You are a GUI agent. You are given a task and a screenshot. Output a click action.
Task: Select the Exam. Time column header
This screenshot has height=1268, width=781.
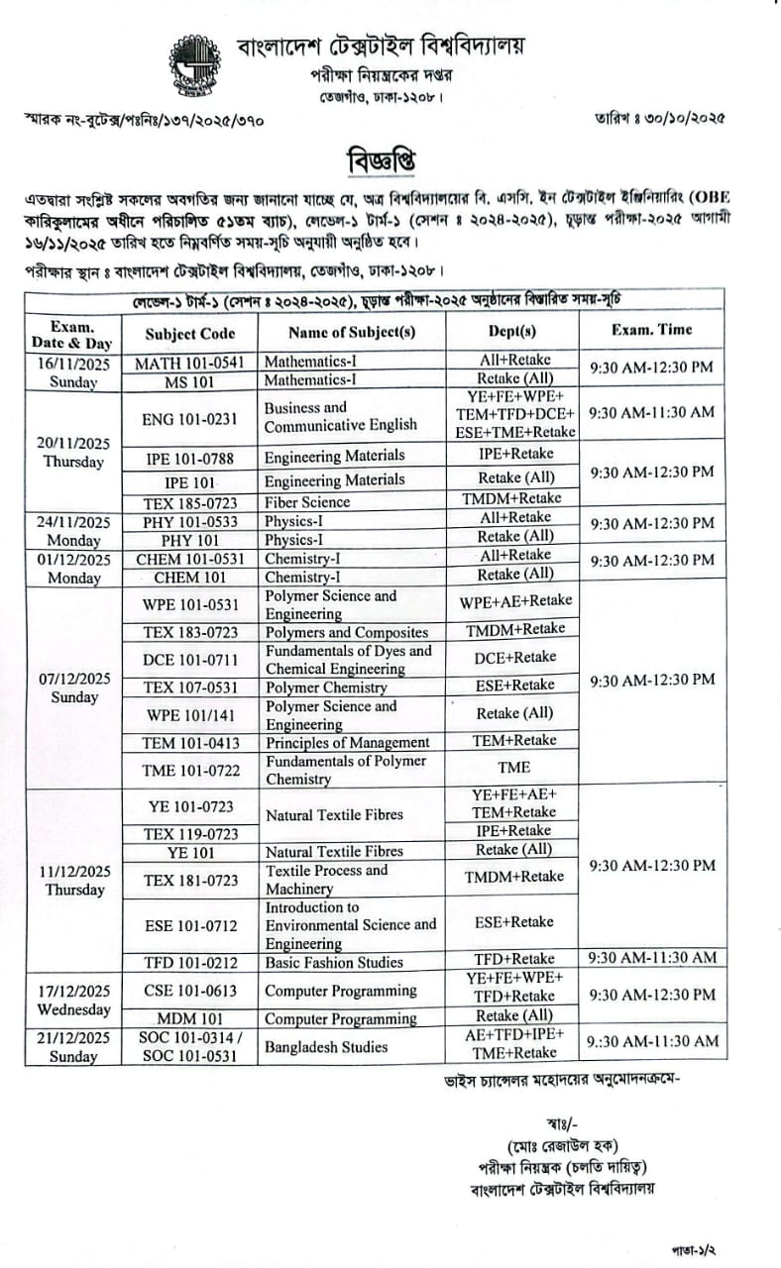coord(651,330)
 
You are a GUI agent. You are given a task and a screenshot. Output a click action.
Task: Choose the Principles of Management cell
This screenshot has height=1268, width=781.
coord(341,741)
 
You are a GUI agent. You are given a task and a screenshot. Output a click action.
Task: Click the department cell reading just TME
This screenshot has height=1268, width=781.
coord(515,767)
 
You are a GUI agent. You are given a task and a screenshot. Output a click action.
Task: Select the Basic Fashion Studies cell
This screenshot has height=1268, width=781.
coord(334,962)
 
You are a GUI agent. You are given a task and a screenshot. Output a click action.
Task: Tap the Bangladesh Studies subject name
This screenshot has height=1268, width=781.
coord(325,1046)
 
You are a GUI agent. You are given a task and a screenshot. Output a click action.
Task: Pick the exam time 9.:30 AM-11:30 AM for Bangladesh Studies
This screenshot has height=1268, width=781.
coord(651,1041)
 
